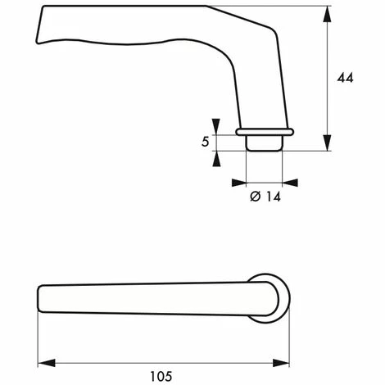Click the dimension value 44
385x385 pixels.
coord(345,78)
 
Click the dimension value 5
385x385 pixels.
coord(206,142)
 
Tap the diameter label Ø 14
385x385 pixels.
coord(265,197)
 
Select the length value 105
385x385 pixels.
coord(161,377)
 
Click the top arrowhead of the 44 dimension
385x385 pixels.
coord(327,14)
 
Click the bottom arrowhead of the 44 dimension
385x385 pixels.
coord(327,143)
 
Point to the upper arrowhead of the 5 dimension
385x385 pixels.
coord(216,126)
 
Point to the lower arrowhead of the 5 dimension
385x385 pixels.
coord(216,159)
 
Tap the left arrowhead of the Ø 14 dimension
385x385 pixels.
coord(239,183)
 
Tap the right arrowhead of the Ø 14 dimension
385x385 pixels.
coord(290,183)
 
